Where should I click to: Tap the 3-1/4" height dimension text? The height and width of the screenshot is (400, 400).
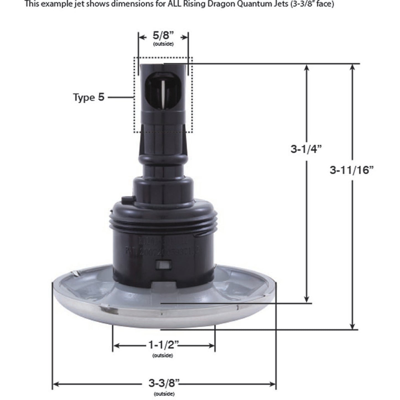tap(306, 149)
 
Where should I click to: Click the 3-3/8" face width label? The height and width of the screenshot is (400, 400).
tap(164, 384)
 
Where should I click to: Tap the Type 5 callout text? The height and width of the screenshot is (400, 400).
tap(89, 97)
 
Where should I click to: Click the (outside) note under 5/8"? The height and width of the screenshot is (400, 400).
tap(163, 44)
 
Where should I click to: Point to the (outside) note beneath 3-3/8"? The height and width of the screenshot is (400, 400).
tap(164, 394)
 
